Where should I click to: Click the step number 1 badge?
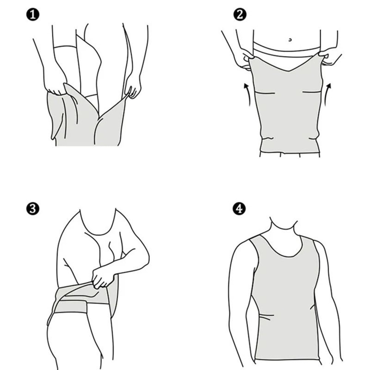(x=34, y=16)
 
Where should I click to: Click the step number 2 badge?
(x=239, y=16)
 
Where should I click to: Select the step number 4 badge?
(x=239, y=209)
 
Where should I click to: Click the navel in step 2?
(x=290, y=39)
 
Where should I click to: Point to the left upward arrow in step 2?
(x=247, y=95)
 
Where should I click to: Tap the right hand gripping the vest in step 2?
(x=330, y=57)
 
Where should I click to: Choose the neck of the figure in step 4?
(x=283, y=228)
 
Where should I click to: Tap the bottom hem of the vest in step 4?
(x=287, y=358)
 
